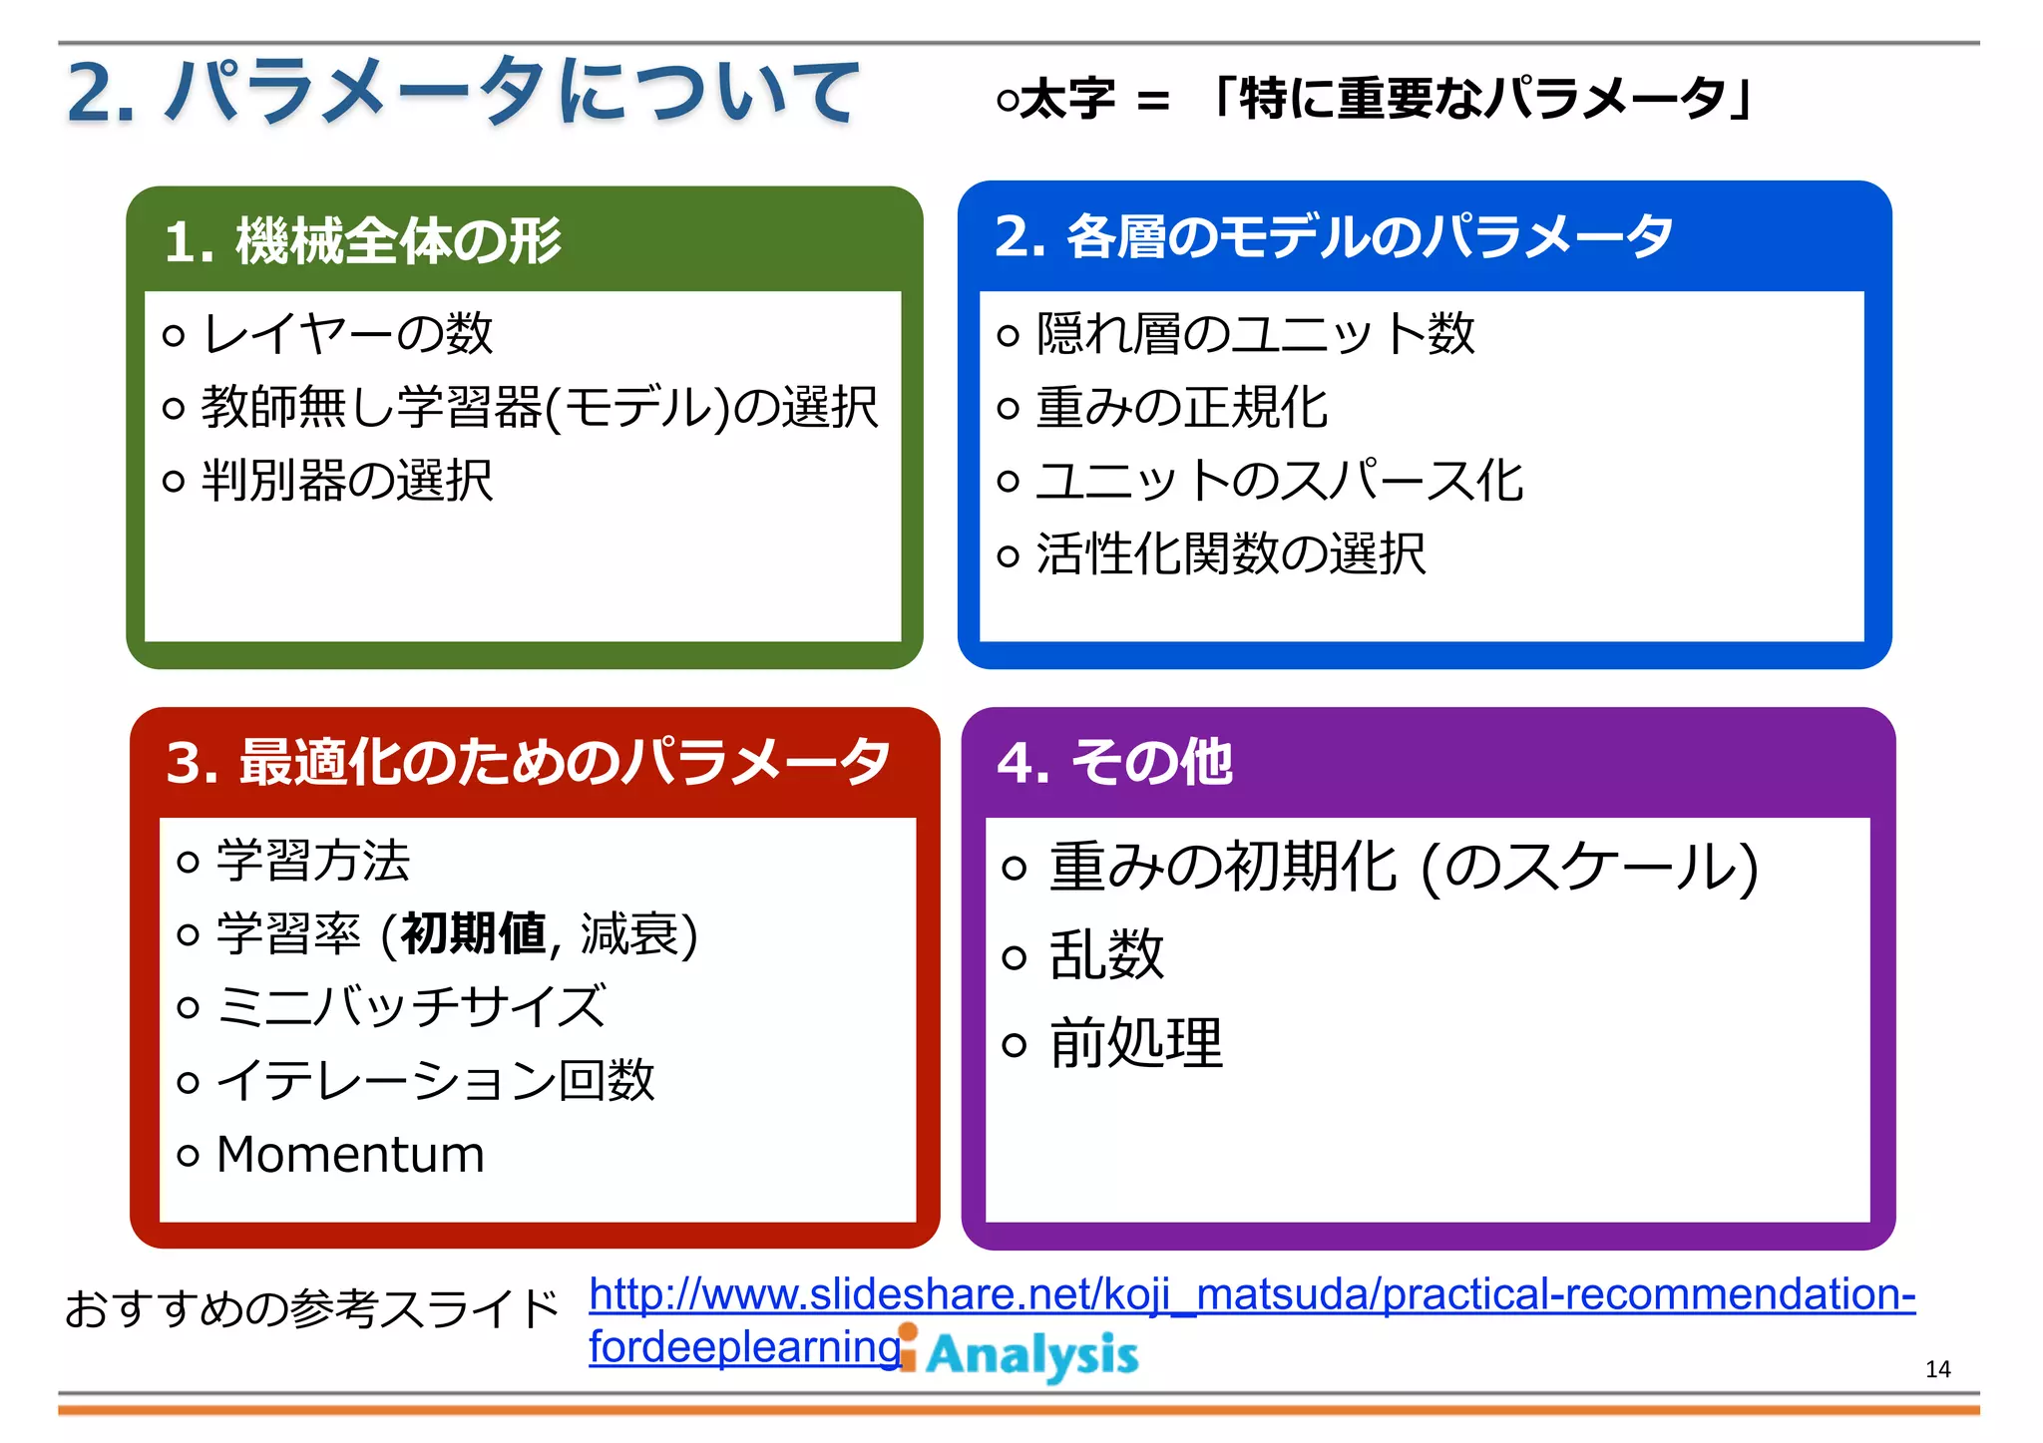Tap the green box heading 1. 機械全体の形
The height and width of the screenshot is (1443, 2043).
(x=363, y=241)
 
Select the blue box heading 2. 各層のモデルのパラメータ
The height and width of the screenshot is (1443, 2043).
(x=1333, y=237)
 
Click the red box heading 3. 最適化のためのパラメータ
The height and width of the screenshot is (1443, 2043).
(x=528, y=762)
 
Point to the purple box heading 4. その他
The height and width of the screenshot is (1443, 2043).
(x=1114, y=763)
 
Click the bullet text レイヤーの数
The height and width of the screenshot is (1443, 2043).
(x=347, y=333)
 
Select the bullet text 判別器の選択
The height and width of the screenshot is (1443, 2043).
(x=347, y=481)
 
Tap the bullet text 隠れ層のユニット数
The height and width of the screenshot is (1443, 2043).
(x=1255, y=333)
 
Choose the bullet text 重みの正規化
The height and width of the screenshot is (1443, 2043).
(x=1181, y=407)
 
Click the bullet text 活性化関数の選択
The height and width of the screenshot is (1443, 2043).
(x=1231, y=554)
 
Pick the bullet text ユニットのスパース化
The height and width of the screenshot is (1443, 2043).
(x=1279, y=481)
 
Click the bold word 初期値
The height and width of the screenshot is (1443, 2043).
(x=473, y=934)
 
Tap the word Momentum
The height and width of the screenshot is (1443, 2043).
(x=350, y=1155)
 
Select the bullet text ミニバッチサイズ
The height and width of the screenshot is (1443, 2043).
(x=411, y=1007)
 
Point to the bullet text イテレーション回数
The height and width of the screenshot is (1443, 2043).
(x=436, y=1081)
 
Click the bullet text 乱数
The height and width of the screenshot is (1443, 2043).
(x=1107, y=955)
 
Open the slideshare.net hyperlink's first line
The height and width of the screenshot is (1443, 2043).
(x=1252, y=1294)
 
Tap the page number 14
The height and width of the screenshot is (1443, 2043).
(x=1937, y=1369)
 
